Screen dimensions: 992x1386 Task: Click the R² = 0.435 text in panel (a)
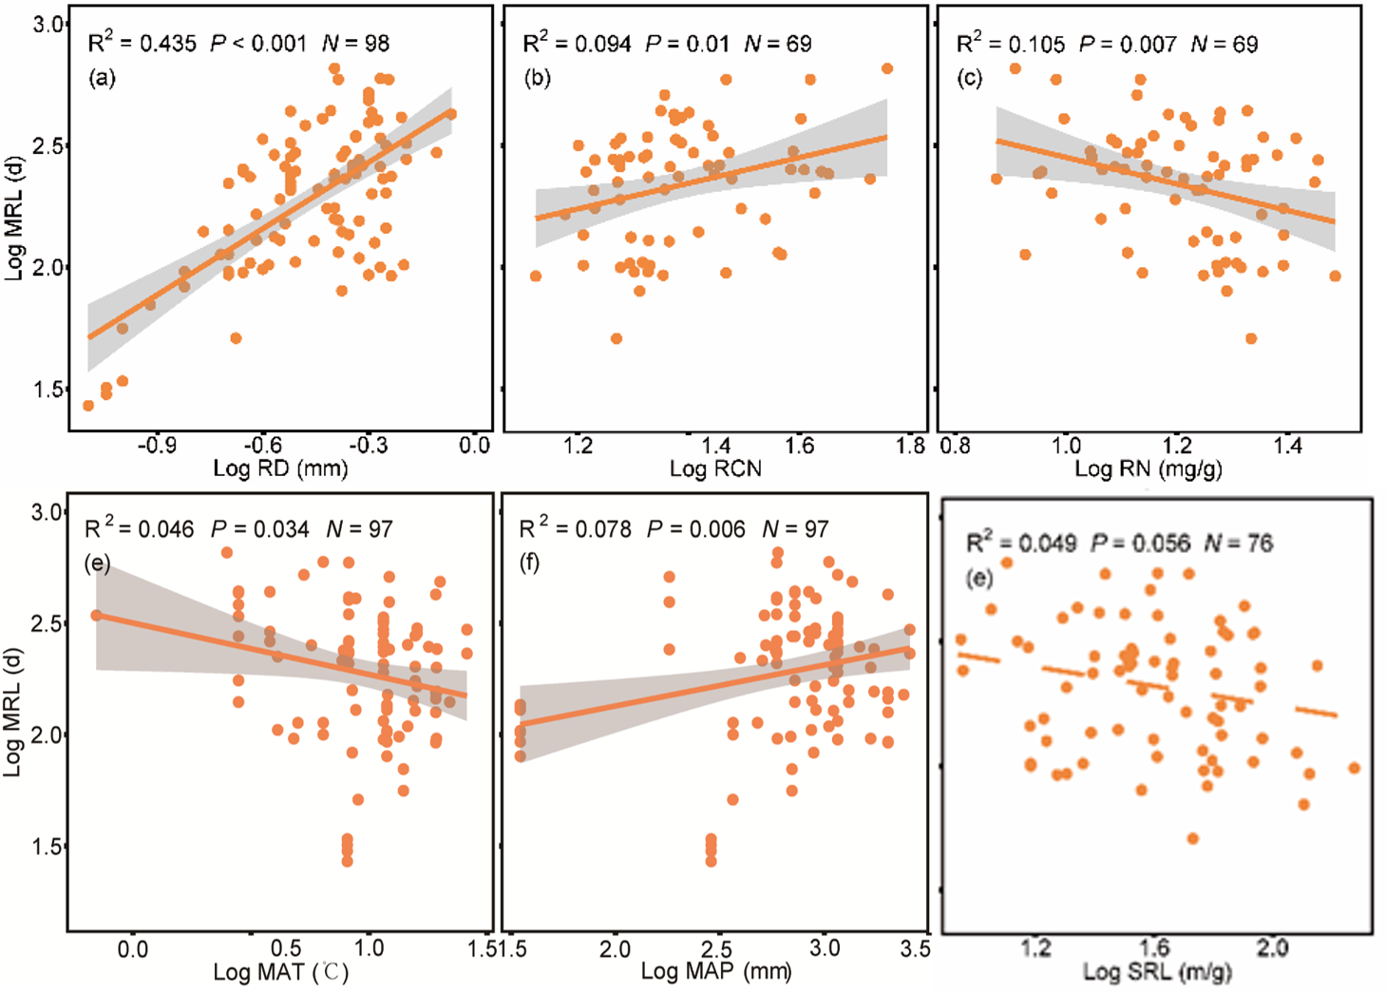point(142,43)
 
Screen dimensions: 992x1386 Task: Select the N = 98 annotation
point(355,43)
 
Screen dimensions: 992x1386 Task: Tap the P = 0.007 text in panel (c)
point(1128,44)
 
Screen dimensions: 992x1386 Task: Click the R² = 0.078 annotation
point(575,529)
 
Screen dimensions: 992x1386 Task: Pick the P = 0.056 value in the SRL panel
point(1140,544)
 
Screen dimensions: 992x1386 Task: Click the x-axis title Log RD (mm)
point(280,468)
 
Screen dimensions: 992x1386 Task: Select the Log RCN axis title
point(715,468)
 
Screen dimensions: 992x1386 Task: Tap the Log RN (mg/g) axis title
point(1149,468)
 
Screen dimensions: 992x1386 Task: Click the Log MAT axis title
point(280,972)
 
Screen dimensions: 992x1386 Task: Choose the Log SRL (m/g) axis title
point(1157,972)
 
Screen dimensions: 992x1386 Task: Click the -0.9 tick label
point(157,446)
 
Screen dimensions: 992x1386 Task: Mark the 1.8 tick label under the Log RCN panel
point(910,446)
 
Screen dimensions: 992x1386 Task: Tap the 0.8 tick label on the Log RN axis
point(955,446)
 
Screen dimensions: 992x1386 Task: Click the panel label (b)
point(538,78)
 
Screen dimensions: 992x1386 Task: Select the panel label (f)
point(529,563)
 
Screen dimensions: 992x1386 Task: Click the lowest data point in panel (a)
point(88,406)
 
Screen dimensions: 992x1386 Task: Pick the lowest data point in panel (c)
point(1251,338)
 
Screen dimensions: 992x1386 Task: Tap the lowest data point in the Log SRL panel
point(1192,838)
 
